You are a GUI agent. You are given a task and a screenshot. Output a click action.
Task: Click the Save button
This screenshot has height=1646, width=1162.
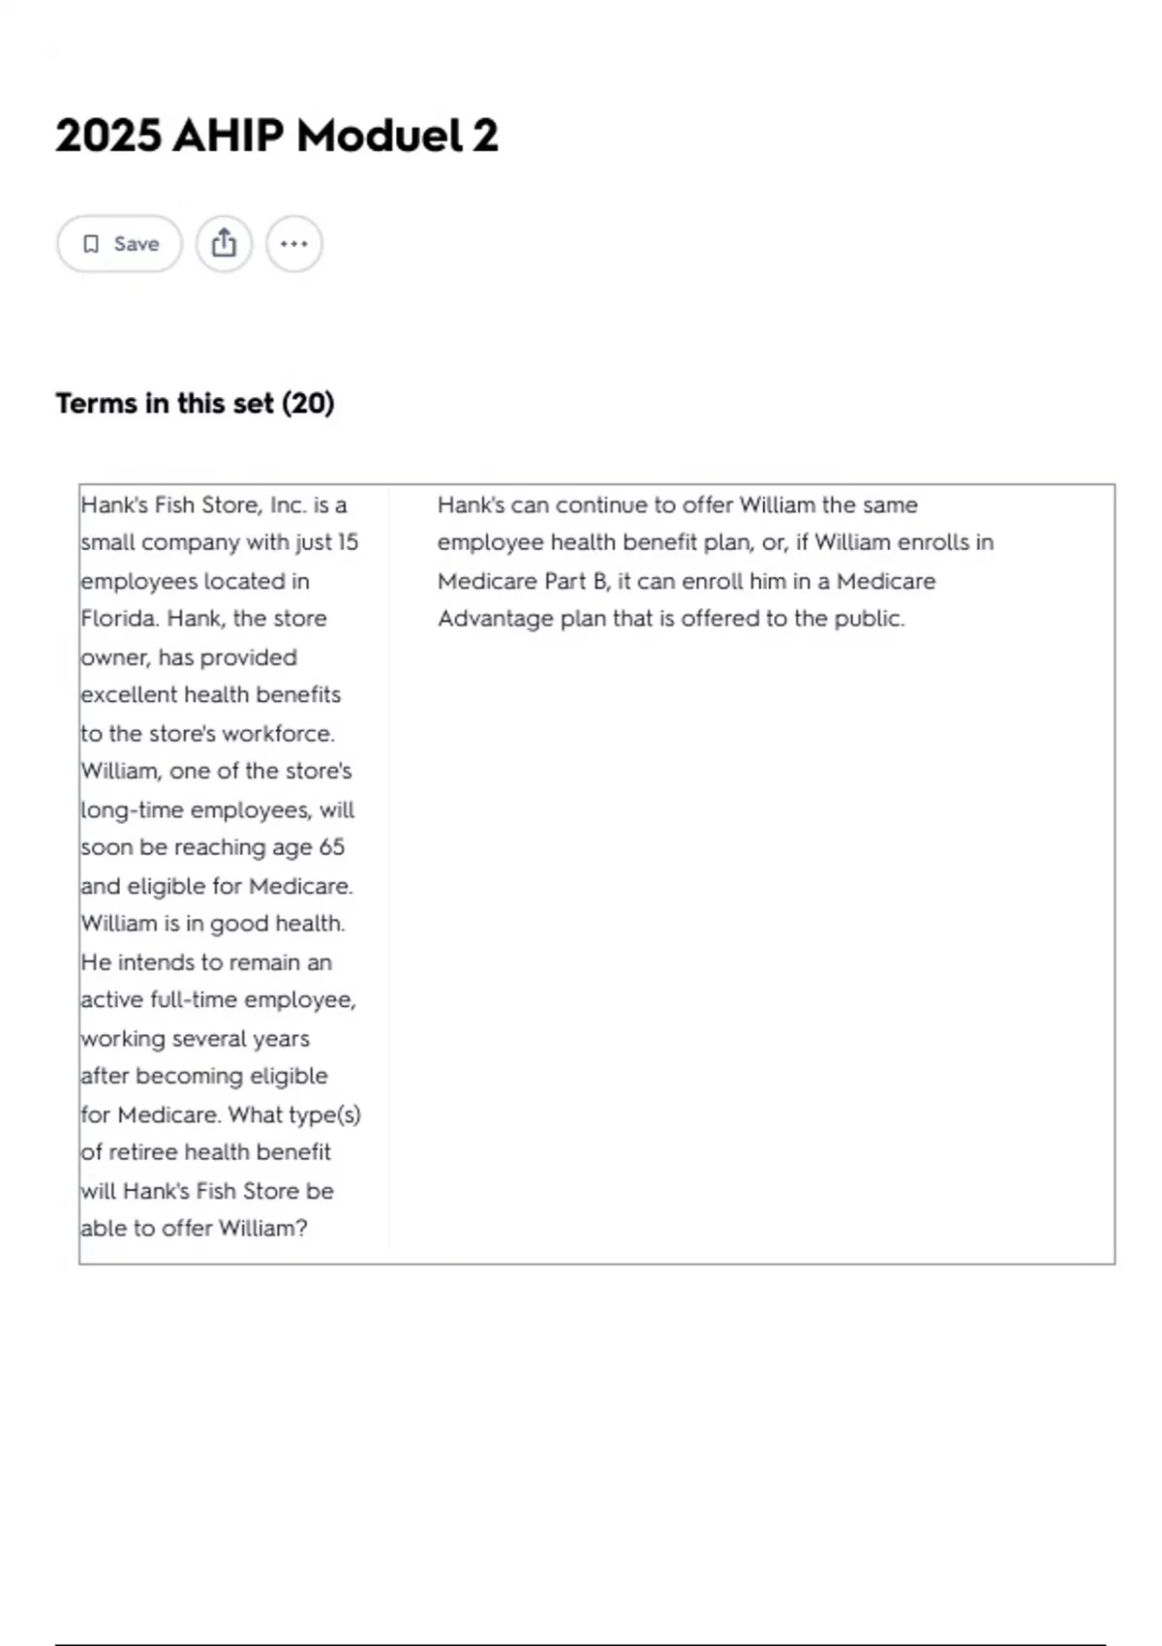(x=119, y=244)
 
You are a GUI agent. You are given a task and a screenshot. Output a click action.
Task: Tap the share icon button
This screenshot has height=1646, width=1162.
(x=224, y=244)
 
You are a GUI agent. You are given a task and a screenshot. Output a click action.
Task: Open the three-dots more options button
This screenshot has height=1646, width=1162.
(x=294, y=244)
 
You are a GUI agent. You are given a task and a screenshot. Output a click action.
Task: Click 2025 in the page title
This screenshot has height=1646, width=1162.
(x=107, y=136)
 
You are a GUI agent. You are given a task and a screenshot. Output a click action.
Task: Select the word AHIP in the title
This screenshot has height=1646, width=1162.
(x=229, y=136)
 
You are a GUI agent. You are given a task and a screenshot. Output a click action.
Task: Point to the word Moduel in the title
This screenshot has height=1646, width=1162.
(x=379, y=136)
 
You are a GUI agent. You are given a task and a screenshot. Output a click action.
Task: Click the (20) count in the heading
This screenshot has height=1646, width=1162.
(x=308, y=404)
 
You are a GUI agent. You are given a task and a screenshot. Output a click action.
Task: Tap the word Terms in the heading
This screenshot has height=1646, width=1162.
(x=97, y=404)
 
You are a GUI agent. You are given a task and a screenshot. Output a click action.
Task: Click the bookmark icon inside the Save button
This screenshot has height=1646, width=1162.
(x=91, y=244)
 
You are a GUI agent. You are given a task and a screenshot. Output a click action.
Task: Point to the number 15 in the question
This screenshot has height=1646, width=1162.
(x=347, y=542)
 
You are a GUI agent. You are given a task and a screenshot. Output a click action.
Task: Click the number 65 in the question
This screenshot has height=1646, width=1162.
(x=331, y=847)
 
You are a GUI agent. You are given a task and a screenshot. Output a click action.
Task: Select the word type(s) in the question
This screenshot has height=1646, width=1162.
(x=323, y=1114)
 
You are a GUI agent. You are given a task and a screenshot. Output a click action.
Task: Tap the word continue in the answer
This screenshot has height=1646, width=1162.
(x=601, y=505)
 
